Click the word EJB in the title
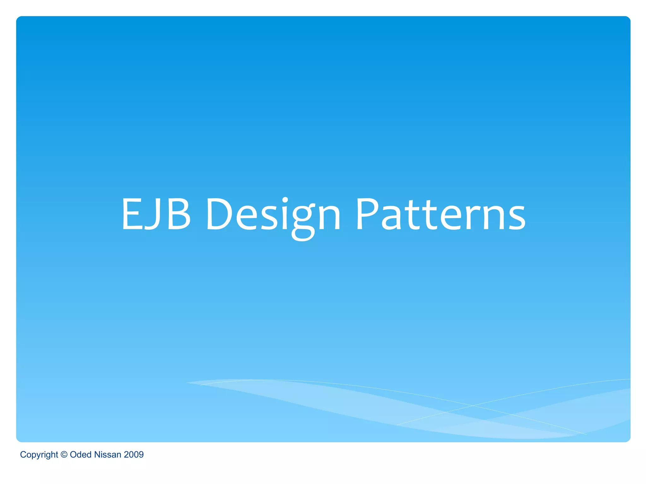pos(156,214)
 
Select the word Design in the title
pos(273,214)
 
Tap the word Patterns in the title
pos(440,214)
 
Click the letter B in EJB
pos(179,214)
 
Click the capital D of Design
pos(219,214)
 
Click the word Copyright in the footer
pos(39,455)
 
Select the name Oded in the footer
pos(80,454)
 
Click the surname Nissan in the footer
pos(108,454)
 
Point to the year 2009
pos(134,454)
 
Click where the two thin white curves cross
pos(472,406)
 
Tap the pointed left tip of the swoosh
pos(187,383)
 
